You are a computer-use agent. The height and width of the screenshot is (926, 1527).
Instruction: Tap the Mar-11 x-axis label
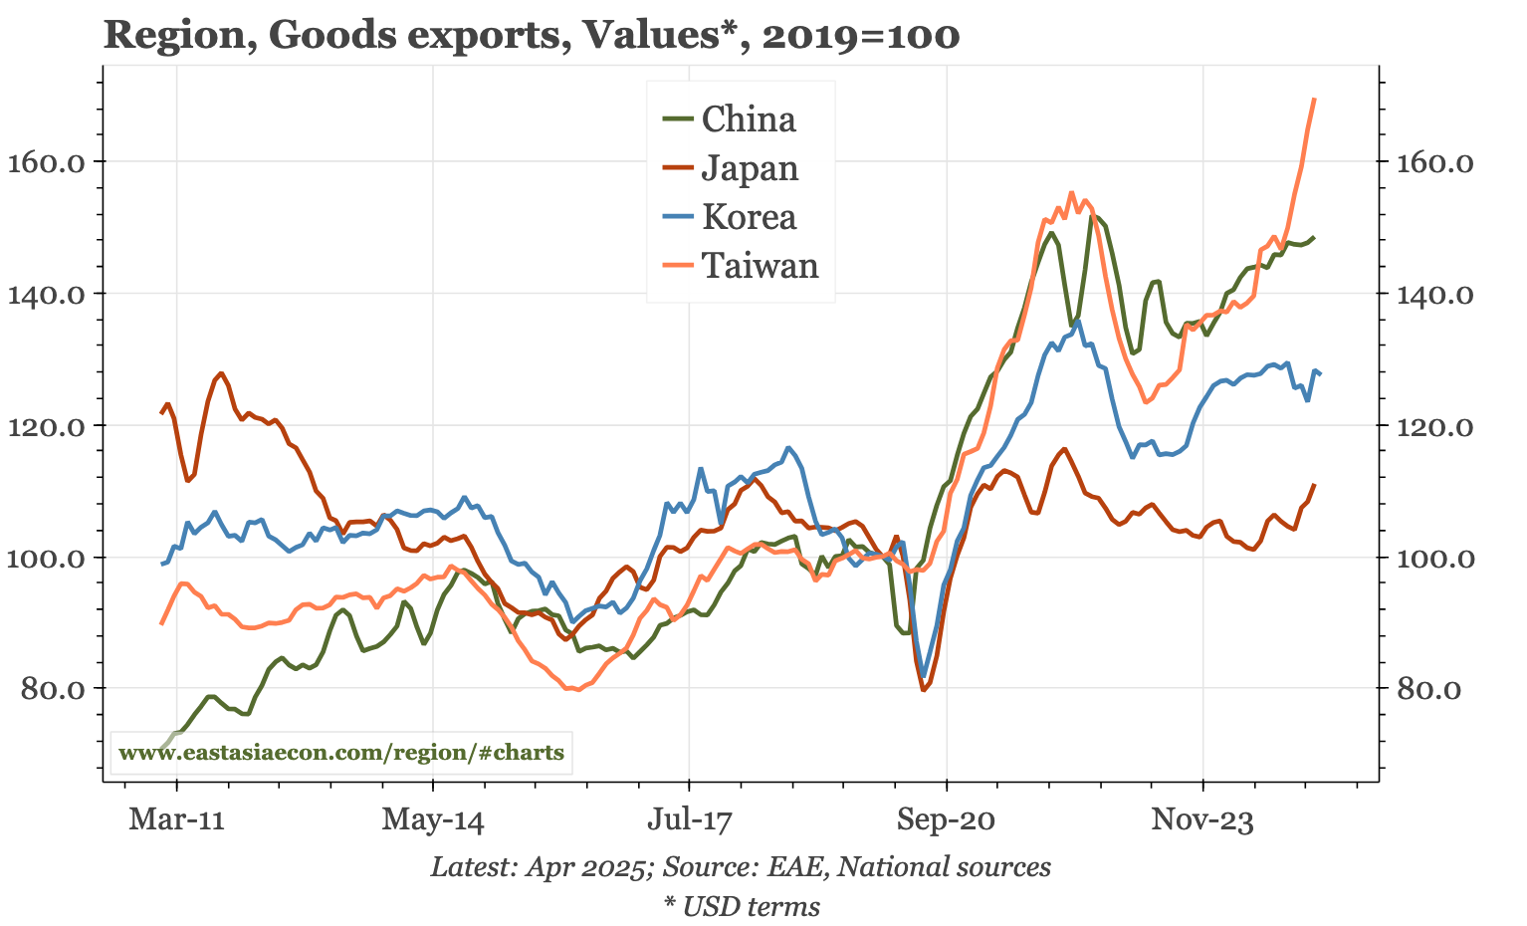point(176,821)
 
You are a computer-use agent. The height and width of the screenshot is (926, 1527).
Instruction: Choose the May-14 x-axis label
point(433,821)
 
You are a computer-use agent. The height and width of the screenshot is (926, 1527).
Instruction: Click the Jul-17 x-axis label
point(689,821)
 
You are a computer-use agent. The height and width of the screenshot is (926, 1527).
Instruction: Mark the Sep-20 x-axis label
point(946,821)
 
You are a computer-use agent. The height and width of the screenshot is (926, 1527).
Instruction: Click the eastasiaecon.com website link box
point(341,753)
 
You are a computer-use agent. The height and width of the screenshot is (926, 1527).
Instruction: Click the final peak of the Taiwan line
point(1314,100)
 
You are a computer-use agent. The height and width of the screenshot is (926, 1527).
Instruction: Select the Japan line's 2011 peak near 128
point(221,373)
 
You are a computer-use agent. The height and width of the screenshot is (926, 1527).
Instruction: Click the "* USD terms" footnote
point(742,907)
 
